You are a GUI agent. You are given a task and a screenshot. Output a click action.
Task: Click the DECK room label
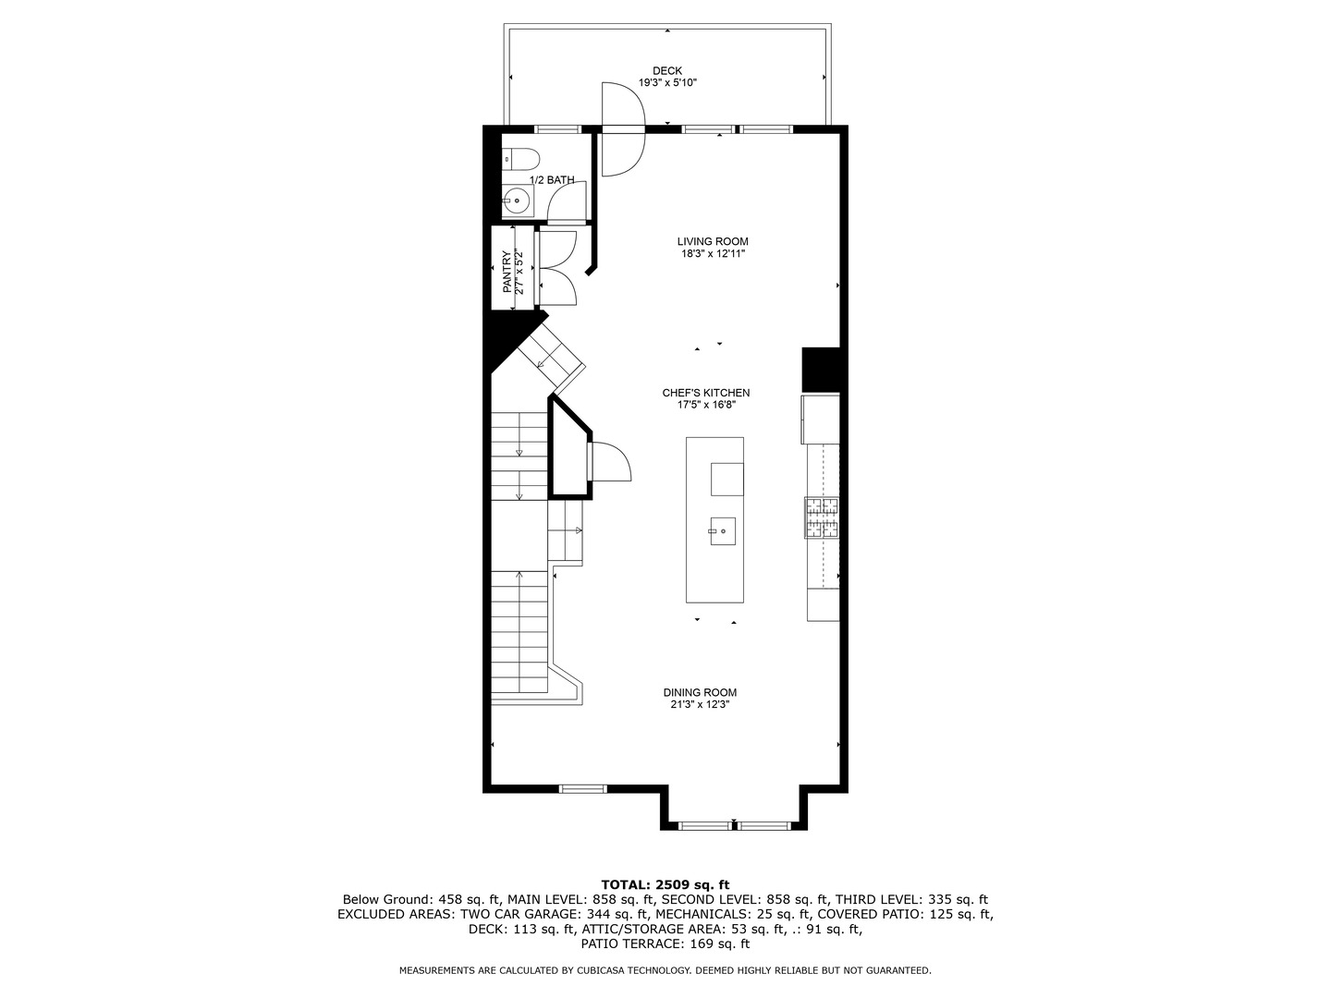(x=666, y=71)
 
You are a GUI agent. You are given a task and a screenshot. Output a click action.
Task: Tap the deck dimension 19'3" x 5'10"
(x=666, y=83)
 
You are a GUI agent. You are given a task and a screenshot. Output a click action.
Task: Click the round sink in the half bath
(x=517, y=199)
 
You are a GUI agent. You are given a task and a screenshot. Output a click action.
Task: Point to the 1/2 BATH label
(x=552, y=180)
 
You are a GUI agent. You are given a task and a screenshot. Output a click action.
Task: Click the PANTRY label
(x=507, y=273)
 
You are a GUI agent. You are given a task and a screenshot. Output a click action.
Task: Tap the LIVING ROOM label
(x=712, y=242)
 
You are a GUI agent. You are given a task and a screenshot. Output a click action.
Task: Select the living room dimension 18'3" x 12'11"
(x=712, y=254)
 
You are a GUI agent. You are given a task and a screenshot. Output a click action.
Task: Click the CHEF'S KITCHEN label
(x=705, y=393)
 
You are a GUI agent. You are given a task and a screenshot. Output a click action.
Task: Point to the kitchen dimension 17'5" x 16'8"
(x=705, y=405)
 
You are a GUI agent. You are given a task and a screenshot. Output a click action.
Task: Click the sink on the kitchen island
(x=722, y=531)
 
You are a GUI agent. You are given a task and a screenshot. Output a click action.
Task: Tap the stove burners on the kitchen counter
(x=822, y=517)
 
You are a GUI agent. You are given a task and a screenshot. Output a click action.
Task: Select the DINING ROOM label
(x=700, y=693)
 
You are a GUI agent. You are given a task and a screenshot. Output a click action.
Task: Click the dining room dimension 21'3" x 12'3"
(x=700, y=705)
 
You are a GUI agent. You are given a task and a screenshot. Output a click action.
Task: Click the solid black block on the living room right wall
(x=820, y=370)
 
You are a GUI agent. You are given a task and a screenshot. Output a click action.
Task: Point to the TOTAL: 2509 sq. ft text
(x=665, y=884)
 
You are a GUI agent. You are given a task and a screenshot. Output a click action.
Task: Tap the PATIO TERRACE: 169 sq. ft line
(x=665, y=943)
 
